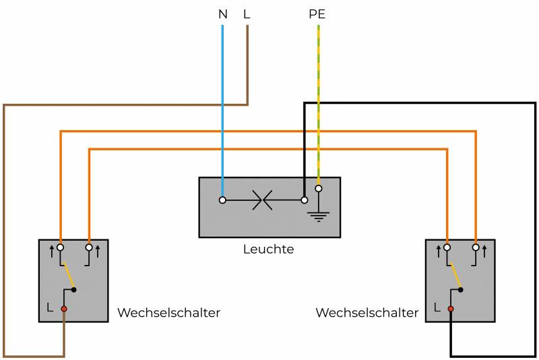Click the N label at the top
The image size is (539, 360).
[x=222, y=13]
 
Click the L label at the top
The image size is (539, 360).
[x=247, y=13]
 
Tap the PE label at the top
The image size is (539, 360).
[x=317, y=13]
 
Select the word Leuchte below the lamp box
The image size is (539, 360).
[x=268, y=249]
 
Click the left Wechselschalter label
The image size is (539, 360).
[x=168, y=313]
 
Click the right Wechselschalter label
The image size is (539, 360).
[x=367, y=313]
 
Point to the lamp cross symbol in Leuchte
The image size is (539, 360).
[x=262, y=200]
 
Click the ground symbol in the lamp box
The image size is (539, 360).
[x=319, y=215]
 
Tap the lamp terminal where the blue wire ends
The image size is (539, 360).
[x=222, y=200]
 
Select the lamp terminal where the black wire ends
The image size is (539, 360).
[x=304, y=200]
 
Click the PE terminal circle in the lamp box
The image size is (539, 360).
[x=319, y=189]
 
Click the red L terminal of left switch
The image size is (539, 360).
[x=64, y=309]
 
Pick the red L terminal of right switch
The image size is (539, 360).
[x=451, y=309]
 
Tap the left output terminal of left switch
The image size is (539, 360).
[x=61, y=247]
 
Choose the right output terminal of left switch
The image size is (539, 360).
[x=89, y=247]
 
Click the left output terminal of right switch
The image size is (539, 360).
[x=447, y=247]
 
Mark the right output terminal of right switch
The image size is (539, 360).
[x=476, y=247]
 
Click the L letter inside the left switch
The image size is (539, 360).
[x=50, y=307]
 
